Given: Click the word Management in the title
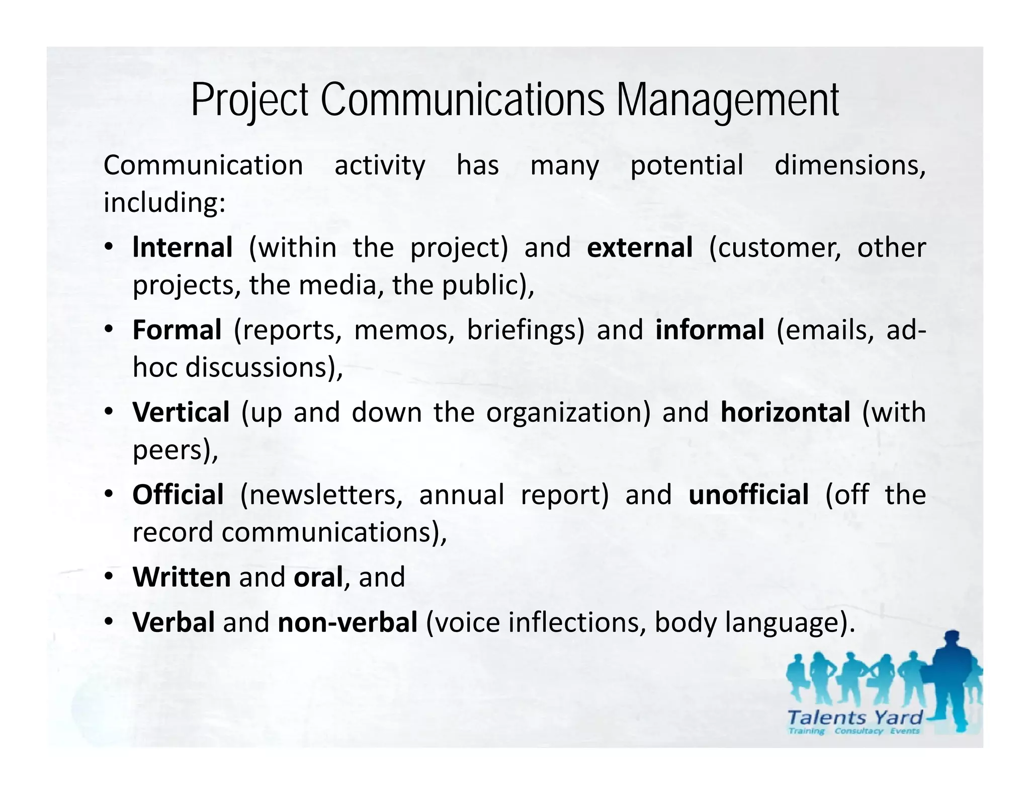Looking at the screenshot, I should tap(727, 101).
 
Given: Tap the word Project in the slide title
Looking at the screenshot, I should tap(249, 101).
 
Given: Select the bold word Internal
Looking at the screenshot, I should tap(183, 248).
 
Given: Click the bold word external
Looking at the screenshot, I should tap(640, 248).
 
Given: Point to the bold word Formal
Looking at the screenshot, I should tap(177, 330).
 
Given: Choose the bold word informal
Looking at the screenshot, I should tap(710, 330).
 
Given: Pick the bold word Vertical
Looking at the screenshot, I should tap(181, 413).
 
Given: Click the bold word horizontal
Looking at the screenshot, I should tap(786, 413).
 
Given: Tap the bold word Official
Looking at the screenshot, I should tap(178, 495).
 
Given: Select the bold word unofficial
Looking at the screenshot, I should tap(748, 495).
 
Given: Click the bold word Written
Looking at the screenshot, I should tap(182, 577).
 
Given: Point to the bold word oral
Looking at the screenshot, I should tap(318, 577).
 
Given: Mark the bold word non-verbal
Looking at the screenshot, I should tap(348, 622).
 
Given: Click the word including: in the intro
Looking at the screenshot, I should tap(164, 203).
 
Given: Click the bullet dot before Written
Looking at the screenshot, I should tap(109, 577).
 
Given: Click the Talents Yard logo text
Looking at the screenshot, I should tap(855, 718).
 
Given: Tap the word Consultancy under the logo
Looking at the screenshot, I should tap(859, 731).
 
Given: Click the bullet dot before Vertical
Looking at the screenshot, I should tap(109, 413).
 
